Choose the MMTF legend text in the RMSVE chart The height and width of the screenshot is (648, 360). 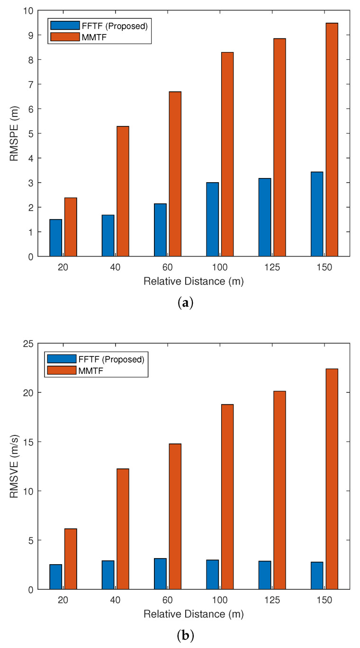(90, 371)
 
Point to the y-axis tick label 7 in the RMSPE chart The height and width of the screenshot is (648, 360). (31, 84)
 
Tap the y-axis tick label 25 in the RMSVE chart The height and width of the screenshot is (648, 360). (28, 344)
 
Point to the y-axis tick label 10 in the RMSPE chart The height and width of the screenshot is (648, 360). (28, 10)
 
